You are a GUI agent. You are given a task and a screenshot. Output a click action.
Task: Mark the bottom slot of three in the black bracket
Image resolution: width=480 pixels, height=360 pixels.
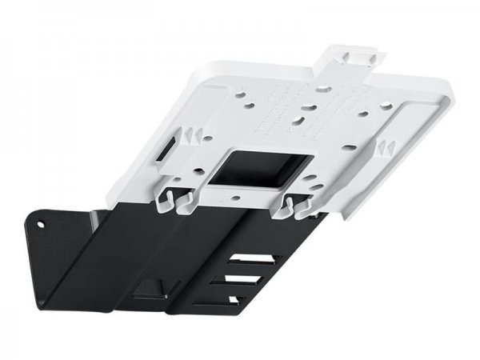tap(234, 299)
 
